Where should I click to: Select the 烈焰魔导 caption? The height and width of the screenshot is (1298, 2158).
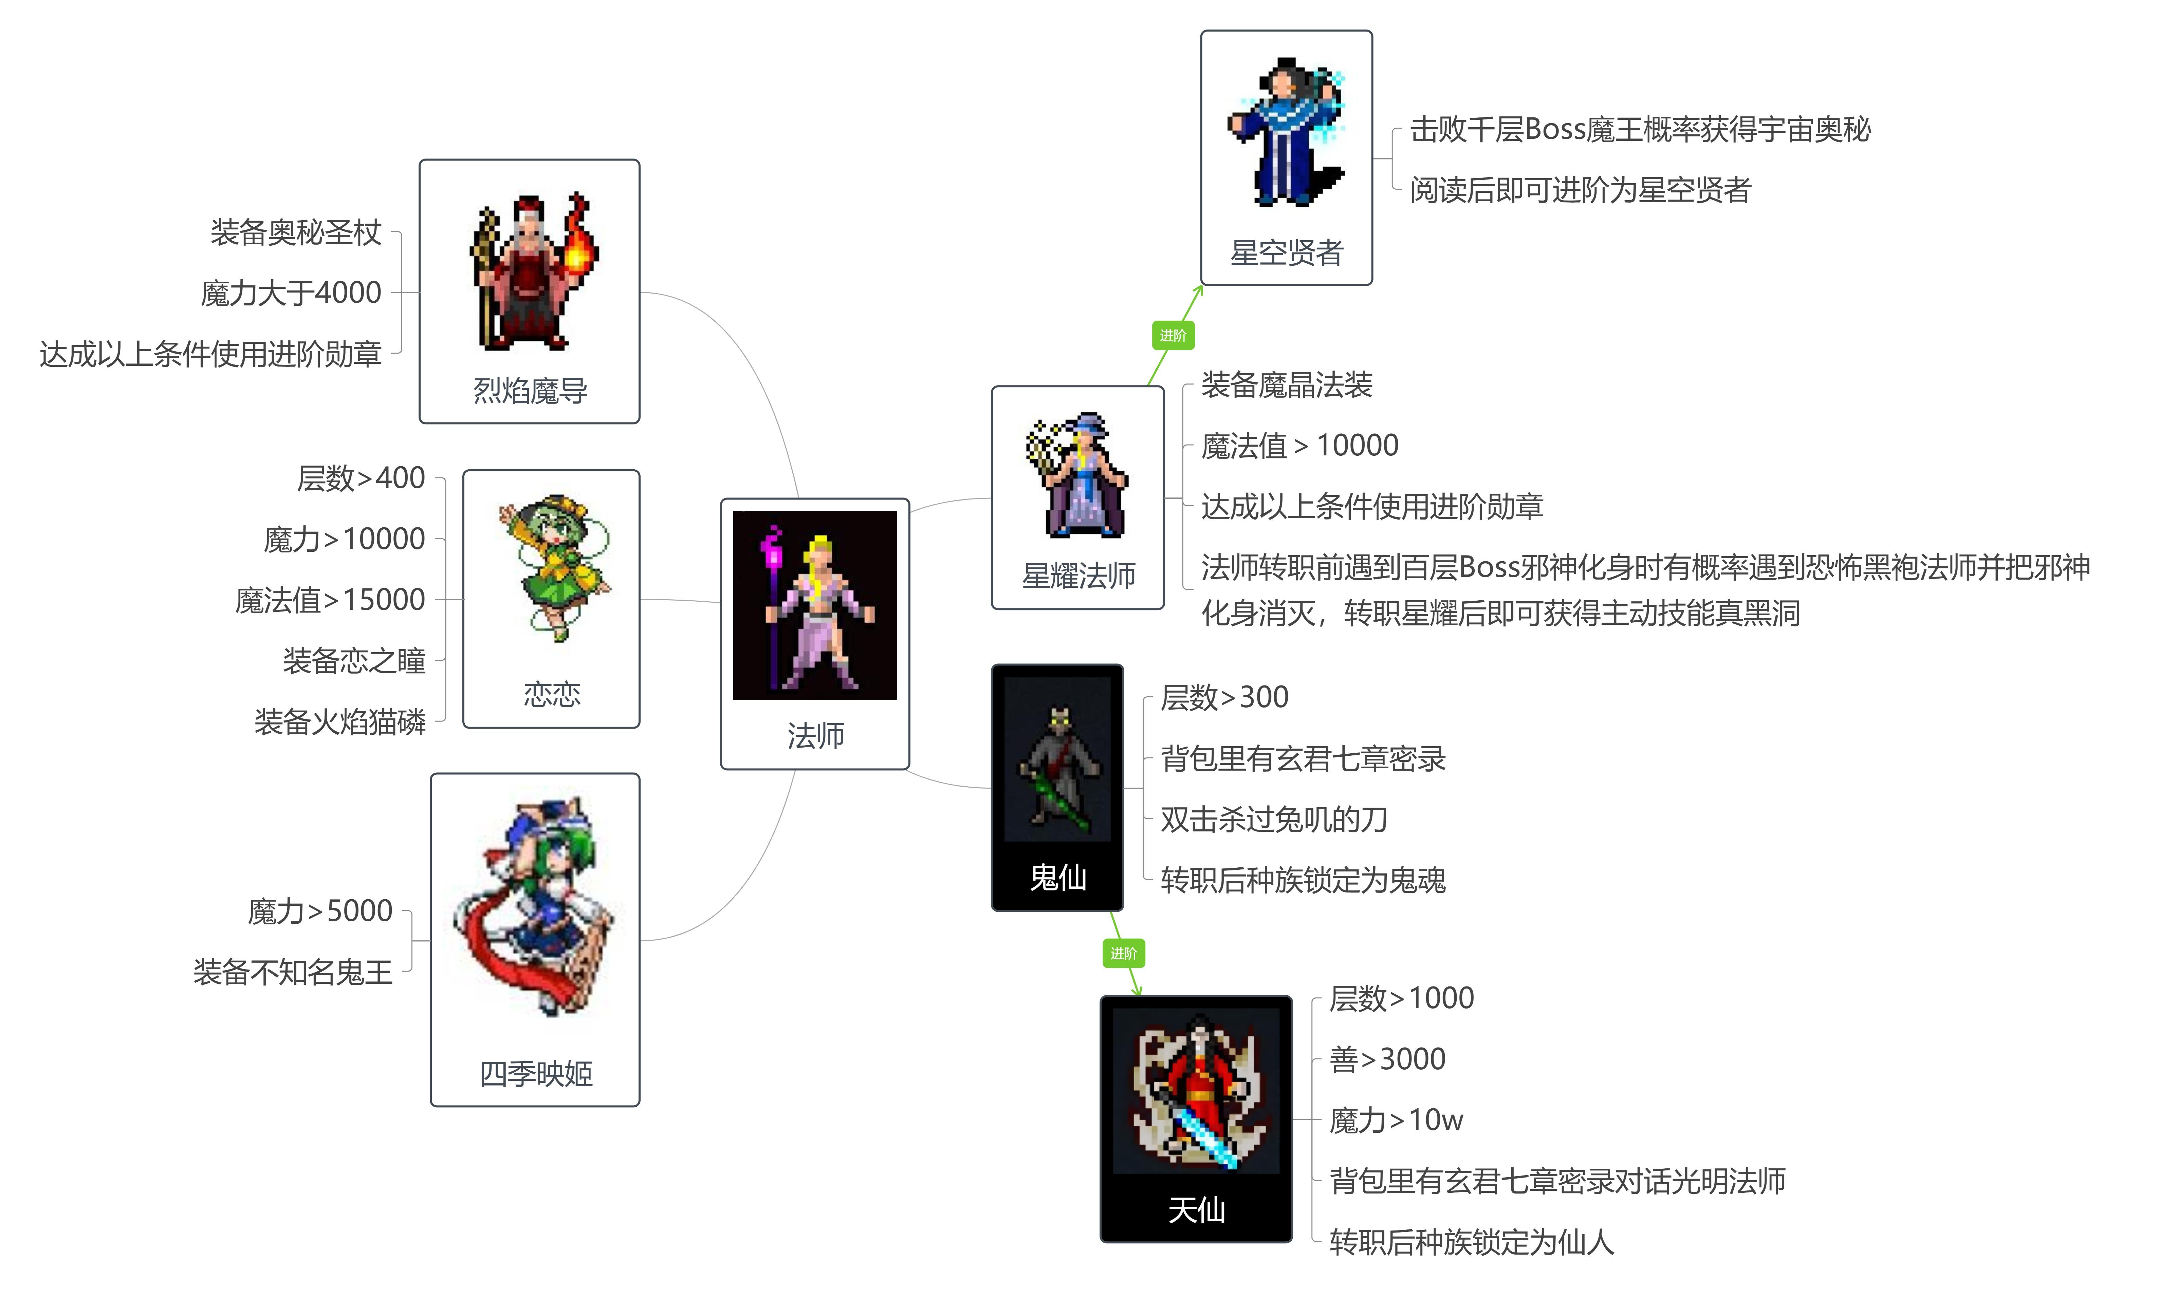point(530,390)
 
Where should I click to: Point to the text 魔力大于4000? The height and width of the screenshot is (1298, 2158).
point(291,292)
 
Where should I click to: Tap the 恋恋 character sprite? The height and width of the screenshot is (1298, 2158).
point(554,567)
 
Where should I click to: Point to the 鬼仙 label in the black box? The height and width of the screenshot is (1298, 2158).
point(1057,877)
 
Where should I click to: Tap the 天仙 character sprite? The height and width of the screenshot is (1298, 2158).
point(1196,1090)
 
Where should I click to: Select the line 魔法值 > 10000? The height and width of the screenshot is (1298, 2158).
point(1300,445)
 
